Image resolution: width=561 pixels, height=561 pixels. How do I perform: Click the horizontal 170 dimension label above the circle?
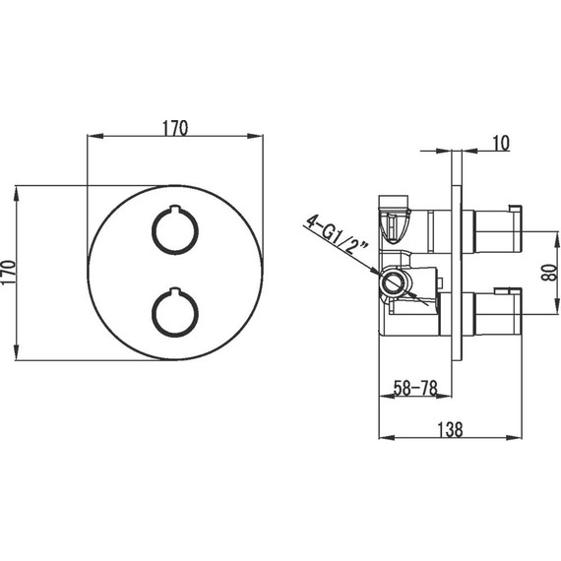175,128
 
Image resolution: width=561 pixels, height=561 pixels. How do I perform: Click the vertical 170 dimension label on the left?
9,273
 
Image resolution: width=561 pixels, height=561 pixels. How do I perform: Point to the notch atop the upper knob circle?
175,209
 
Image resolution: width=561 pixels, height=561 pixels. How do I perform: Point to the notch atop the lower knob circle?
175,290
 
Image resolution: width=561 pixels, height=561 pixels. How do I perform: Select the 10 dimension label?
501,143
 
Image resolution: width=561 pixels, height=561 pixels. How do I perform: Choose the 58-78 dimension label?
415,388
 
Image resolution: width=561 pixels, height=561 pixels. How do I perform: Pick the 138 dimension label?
450,429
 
